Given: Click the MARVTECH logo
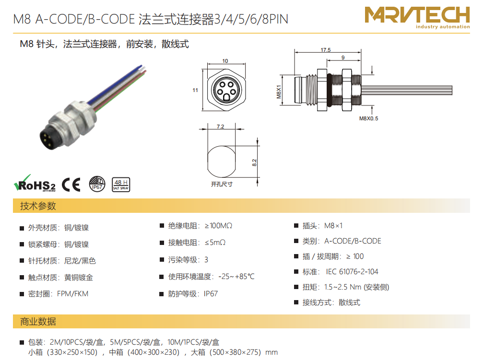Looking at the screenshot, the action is pyautogui.click(x=417, y=17).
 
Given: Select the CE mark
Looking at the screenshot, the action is pyautogui.click(x=71, y=185).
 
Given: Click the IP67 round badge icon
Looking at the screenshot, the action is pyautogui.click(x=97, y=184).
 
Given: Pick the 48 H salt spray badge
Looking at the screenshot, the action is pyautogui.click(x=121, y=185).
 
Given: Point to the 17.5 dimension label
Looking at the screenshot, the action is pyautogui.click(x=325, y=50).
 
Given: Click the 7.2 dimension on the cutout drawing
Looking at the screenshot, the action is pyautogui.click(x=220, y=127).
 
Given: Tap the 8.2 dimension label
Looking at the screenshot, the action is pyautogui.click(x=254, y=163).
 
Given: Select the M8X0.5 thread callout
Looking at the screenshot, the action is pyautogui.click(x=368, y=118).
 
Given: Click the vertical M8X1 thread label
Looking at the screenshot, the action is pyautogui.click(x=279, y=92).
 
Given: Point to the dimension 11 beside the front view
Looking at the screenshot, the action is pyautogui.click(x=195, y=90).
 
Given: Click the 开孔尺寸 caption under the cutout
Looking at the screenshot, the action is pyautogui.click(x=222, y=184).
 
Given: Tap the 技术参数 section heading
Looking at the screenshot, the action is pyautogui.click(x=38, y=206).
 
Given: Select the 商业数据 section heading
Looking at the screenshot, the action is pyautogui.click(x=38, y=322).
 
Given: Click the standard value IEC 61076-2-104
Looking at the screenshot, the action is pyautogui.click(x=352, y=271).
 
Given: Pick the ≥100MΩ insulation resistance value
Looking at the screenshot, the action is pyautogui.click(x=219, y=226).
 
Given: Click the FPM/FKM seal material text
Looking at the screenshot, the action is pyautogui.click(x=72, y=294).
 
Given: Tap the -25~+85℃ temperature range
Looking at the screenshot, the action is pyautogui.click(x=236, y=277).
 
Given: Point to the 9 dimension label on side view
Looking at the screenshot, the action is pyautogui.click(x=343, y=58).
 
